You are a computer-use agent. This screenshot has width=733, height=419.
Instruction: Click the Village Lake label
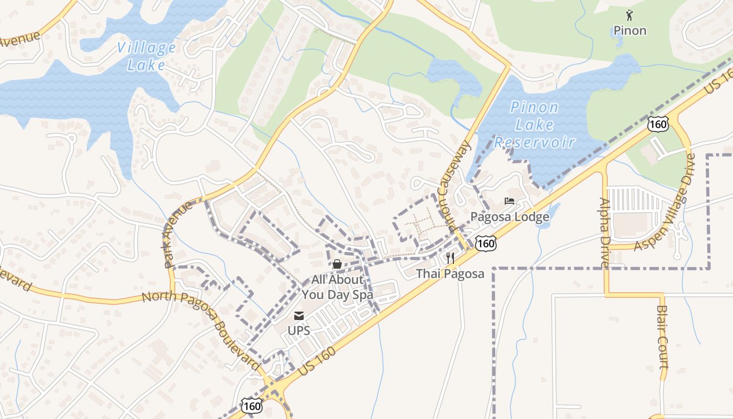click(x=146, y=56)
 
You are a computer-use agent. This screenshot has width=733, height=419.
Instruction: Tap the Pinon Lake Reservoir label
click(x=535, y=125)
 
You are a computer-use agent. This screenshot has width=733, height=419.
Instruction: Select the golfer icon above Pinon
click(x=629, y=15)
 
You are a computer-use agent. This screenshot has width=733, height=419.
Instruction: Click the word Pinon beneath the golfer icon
click(x=630, y=30)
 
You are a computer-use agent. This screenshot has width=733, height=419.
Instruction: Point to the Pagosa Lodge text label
click(x=509, y=216)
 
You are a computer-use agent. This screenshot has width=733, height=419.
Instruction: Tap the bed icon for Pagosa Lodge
click(x=509, y=201)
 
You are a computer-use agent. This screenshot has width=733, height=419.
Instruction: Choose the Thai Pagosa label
click(x=450, y=273)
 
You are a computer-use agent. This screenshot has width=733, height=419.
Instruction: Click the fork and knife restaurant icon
click(x=450, y=258)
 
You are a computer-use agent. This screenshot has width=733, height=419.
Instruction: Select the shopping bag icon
click(x=337, y=264)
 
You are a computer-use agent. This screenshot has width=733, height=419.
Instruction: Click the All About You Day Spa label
click(x=337, y=287)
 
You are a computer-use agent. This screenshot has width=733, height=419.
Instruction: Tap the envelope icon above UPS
click(x=299, y=316)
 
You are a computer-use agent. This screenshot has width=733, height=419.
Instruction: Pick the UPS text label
click(x=299, y=330)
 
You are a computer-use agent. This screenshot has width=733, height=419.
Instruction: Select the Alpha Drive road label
click(x=605, y=232)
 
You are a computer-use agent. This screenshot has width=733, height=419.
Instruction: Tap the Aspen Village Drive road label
click(x=665, y=202)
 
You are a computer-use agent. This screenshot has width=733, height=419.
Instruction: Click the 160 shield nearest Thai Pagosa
click(x=486, y=242)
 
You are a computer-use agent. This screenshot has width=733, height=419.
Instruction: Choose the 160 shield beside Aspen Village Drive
click(x=658, y=124)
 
